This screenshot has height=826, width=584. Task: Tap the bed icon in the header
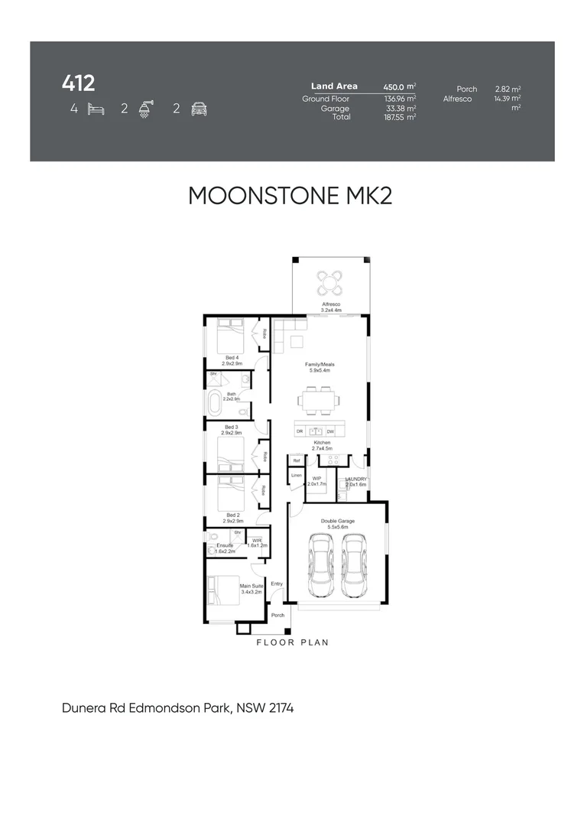(x=96, y=109)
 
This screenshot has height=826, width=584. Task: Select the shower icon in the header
(x=144, y=109)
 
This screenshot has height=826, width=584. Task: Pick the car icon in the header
(x=200, y=109)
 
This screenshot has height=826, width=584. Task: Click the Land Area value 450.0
(x=397, y=87)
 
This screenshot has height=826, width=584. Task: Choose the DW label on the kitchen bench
(x=330, y=431)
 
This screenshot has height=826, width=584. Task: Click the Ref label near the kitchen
(x=296, y=460)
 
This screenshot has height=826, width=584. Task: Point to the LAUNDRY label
(x=356, y=478)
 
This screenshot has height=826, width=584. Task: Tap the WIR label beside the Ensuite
(x=258, y=541)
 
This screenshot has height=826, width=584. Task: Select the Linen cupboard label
(x=296, y=476)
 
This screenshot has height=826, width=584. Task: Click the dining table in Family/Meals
(x=319, y=398)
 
